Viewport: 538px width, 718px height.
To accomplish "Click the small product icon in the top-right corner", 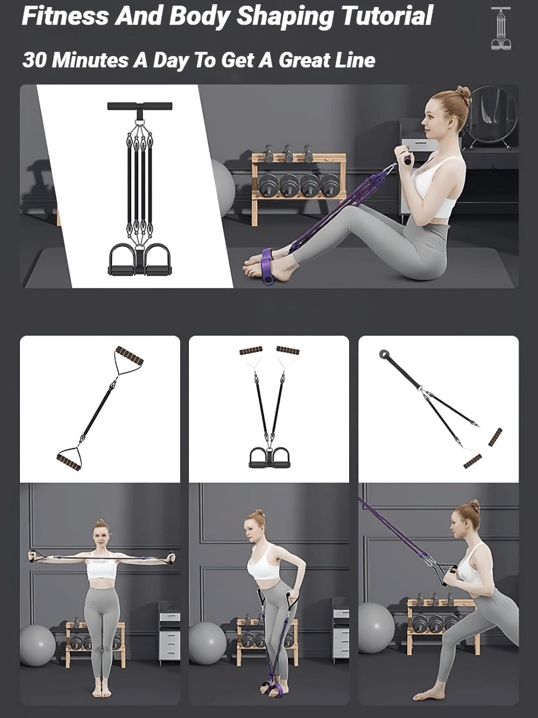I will [x=501, y=29].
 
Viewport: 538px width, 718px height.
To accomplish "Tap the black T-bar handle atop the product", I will [x=140, y=106].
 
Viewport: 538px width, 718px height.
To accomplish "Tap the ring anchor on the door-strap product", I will [x=385, y=355].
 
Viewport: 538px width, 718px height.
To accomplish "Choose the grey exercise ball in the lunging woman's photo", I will [x=376, y=627].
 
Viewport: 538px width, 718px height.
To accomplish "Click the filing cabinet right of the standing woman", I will [x=169, y=635].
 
